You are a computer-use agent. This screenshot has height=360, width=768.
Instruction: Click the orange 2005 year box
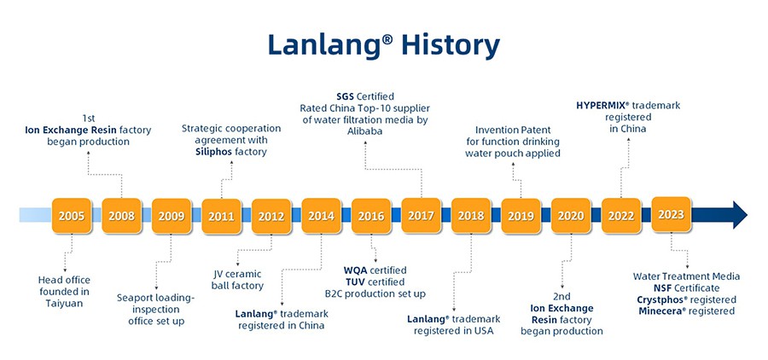coord(72,216)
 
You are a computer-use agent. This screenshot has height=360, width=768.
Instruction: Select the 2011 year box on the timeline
coord(221,216)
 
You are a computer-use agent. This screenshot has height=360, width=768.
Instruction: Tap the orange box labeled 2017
coord(422,215)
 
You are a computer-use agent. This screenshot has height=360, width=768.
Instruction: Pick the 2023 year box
coord(671,214)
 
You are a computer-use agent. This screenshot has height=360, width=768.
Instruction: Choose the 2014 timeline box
coord(322,216)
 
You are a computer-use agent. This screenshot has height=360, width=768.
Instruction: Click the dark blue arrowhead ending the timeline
coord(740,214)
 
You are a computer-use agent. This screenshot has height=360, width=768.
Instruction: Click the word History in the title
coord(451,45)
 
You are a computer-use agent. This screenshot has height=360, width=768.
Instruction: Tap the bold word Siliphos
coord(213,152)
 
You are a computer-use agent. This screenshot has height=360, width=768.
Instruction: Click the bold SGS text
coord(346,96)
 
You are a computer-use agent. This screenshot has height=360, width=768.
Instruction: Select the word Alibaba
coord(365,131)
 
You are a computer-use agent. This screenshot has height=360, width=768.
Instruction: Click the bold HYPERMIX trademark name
coord(601,105)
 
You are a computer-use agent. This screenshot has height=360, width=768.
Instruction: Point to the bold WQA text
coord(356,270)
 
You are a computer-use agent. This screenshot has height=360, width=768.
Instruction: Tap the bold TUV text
coord(355,282)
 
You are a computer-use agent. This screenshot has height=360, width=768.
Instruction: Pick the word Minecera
coord(660,311)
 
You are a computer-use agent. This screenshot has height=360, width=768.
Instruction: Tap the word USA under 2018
coord(484,331)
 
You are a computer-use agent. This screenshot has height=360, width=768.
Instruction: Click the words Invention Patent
coord(513,131)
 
